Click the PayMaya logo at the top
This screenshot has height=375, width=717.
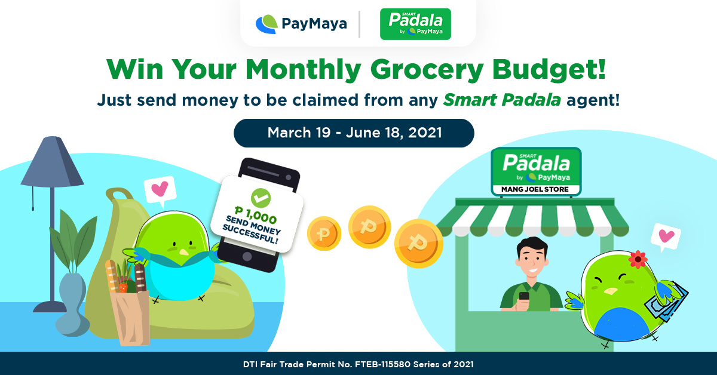[301, 24]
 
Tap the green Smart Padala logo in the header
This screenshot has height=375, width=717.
[415, 24]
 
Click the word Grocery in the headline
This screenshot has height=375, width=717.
[427, 69]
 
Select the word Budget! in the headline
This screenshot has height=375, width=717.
[549, 69]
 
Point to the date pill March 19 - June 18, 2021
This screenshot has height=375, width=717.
[354, 133]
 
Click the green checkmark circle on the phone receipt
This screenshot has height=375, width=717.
[261, 198]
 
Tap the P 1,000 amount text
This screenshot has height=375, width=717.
[256, 215]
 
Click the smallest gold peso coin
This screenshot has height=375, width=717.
[324, 233]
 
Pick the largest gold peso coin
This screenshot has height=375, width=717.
[419, 244]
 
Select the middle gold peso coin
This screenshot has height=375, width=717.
[369, 227]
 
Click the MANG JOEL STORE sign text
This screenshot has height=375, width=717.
[535, 189]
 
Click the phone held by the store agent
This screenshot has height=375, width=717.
[524, 296]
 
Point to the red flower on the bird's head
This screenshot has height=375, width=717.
[638, 259]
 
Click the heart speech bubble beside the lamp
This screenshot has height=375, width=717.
[160, 190]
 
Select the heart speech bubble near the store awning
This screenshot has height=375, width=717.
[666, 237]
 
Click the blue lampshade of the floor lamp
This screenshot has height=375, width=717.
[52, 162]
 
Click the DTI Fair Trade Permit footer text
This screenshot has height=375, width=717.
[358, 364]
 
